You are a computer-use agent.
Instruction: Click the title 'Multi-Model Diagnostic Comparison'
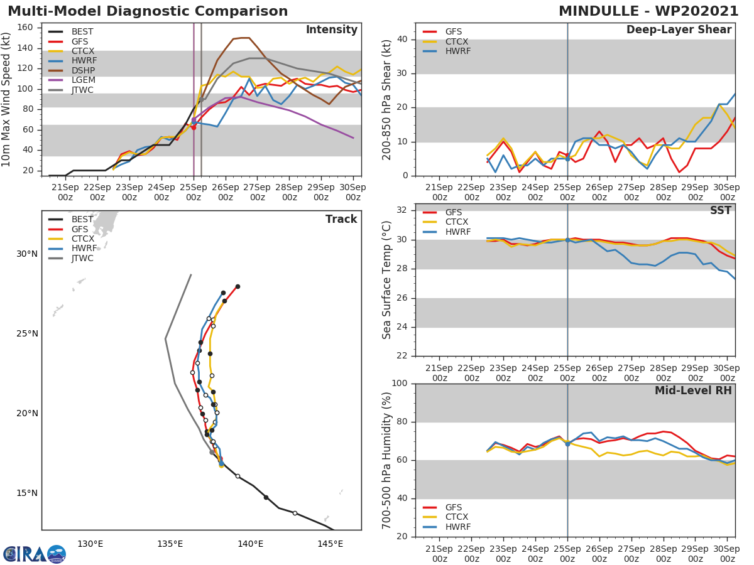(x=148, y=11)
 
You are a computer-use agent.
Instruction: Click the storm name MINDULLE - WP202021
(x=648, y=11)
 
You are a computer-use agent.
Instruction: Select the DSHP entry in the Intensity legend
(x=81, y=71)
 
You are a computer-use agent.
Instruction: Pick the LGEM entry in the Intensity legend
(x=81, y=80)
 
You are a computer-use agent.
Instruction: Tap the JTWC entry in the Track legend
(x=81, y=258)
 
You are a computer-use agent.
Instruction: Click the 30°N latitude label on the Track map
(x=27, y=254)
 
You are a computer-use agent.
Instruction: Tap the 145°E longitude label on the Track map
(x=330, y=543)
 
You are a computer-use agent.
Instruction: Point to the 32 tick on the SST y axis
(x=403, y=210)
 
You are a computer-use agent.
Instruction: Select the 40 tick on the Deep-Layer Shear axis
(x=403, y=40)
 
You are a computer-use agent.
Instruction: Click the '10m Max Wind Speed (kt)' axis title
(x=8, y=99)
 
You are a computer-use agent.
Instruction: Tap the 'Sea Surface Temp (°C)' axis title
(x=387, y=279)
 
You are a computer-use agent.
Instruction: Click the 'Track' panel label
(x=341, y=219)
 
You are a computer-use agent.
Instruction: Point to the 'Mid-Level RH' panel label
(x=693, y=390)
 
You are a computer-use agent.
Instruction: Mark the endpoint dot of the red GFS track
(x=238, y=286)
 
